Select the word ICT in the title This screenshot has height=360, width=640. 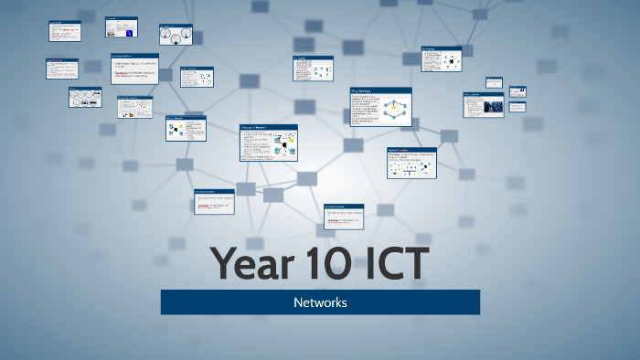point(392,263)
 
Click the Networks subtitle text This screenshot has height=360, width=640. point(320,302)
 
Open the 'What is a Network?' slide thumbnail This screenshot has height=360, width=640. point(185,128)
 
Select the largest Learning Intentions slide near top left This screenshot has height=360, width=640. point(134,69)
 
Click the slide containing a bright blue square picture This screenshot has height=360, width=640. point(121,27)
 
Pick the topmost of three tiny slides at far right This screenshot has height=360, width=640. point(494,82)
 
